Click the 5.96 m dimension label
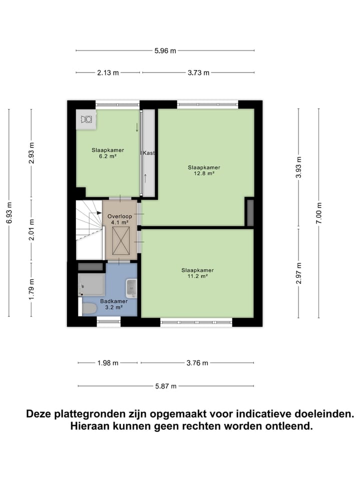pos(165,50)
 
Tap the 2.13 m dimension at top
pos(108,72)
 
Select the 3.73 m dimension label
pos(198,72)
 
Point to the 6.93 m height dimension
pos(9,213)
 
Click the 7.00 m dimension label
pos(319,213)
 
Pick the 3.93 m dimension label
pos(298,168)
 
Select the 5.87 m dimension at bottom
pos(165,386)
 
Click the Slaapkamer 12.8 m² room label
pos(204,170)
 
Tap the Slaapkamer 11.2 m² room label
pos(197,273)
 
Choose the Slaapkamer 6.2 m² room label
pos(107,153)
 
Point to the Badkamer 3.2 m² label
pos(113,304)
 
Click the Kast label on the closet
pos(148,153)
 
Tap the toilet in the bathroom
pos(89,308)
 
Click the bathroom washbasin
pos(131,288)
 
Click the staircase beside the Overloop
pos(88,220)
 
